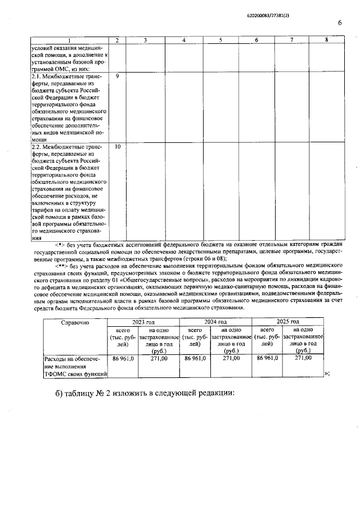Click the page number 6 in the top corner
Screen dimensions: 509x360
coord(340,22)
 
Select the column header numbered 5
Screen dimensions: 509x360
coord(220,40)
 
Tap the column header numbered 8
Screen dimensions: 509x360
coord(326,40)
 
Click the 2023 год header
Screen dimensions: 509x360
coord(143,321)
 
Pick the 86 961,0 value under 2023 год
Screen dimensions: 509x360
coord(123,358)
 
